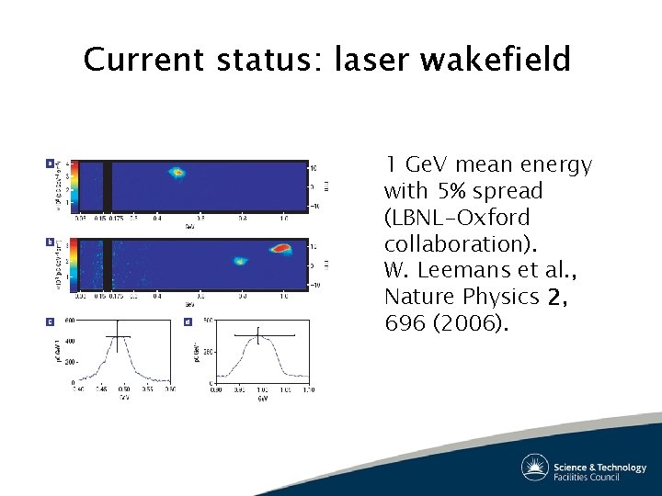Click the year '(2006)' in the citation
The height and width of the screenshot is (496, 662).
[469, 323]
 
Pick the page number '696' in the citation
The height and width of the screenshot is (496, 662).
[405, 323]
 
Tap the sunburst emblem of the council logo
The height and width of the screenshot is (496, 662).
[535, 467]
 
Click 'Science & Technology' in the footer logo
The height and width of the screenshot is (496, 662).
[599, 468]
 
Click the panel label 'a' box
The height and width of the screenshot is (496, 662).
[50, 164]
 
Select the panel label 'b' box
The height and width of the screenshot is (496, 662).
[50, 242]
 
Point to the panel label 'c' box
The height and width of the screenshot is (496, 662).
[50, 321]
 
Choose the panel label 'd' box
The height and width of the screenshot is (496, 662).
[188, 321]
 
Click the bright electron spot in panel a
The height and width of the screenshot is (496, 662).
[177, 172]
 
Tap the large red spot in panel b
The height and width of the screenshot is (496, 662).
[280, 248]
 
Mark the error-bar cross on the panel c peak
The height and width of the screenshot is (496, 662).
[118, 336]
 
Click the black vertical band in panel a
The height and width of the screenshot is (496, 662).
[107, 186]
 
